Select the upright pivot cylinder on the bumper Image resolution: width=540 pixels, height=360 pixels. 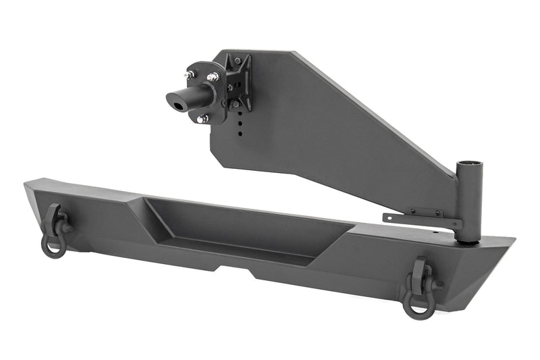pyautogui.click(x=467, y=203)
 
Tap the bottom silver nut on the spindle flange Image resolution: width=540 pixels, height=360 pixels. pyautogui.click(x=201, y=119)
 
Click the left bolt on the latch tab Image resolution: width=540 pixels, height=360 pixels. pyautogui.click(x=410, y=212)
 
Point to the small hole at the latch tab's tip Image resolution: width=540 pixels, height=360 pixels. pyautogui.click(x=389, y=217)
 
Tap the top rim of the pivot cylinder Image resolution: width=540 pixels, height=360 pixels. pyautogui.click(x=467, y=164)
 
